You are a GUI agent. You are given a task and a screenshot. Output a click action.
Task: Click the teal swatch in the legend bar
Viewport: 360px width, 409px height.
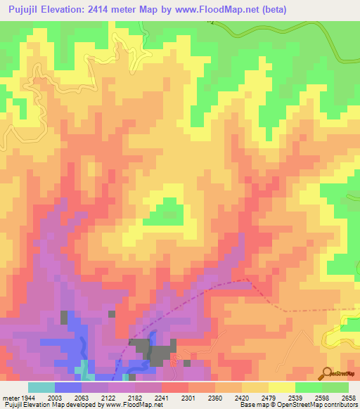click(41, 387)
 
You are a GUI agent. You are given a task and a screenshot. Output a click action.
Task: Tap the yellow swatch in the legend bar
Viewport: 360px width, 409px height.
click(281, 387)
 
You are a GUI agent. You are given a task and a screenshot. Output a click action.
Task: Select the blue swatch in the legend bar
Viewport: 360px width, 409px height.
click(68, 387)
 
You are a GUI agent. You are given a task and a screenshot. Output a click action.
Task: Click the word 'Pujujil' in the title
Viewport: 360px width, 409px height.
click(23, 8)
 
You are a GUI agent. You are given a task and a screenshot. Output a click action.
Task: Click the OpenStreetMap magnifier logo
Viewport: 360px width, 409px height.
click(328, 372)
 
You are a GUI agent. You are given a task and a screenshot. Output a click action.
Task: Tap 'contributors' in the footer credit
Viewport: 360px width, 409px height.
click(340, 405)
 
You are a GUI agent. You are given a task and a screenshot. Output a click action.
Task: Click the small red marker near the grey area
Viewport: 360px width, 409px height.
click(174, 361)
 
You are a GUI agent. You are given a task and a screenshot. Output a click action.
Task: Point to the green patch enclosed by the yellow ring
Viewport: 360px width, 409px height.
click(167, 209)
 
